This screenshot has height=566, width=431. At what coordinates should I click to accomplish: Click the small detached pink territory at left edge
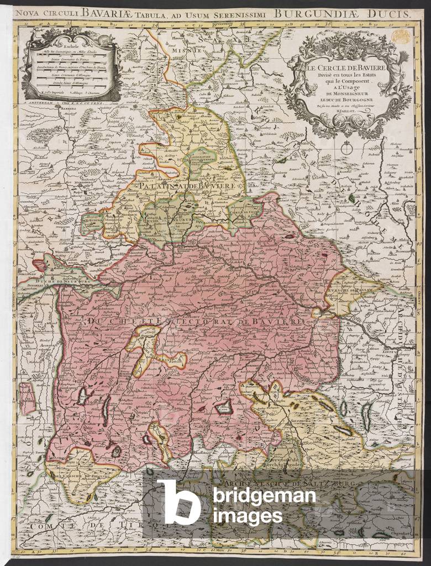[x=27, y=399]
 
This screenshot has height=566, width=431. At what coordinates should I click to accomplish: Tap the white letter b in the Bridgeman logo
[x=178, y=501]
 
